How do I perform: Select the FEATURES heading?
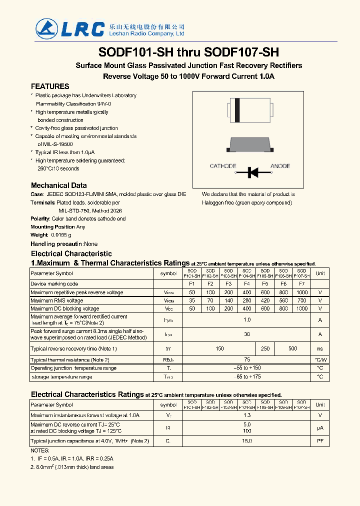pos(50,86)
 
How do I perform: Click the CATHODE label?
pos(223,166)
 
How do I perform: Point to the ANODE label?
pos(280,166)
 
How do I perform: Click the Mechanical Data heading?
pos(58,185)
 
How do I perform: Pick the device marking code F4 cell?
pos(246,284)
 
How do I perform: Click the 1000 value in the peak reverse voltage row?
pos(301,292)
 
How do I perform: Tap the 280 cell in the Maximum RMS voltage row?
pos(246,300)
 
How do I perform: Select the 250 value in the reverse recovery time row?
pos(265,348)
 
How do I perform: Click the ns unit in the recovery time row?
pos(320,348)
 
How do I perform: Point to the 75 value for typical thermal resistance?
pos(246,360)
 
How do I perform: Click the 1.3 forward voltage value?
pos(246,415)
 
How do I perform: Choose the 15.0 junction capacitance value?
pos(246,441)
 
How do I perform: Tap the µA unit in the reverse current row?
pos(320,428)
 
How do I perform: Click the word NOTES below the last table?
pos(40,450)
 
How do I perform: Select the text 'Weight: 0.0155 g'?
pos(51,234)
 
